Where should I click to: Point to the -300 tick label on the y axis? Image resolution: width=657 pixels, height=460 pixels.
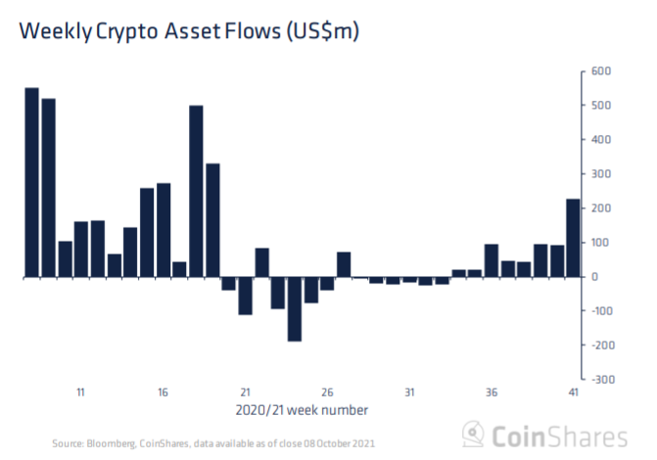point(597,379)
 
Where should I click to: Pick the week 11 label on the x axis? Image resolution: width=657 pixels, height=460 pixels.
point(81,392)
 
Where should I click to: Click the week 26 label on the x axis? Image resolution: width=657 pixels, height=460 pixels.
point(328,392)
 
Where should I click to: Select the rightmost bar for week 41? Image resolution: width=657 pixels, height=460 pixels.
point(574,239)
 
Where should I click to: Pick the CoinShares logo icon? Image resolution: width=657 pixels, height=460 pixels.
point(474,435)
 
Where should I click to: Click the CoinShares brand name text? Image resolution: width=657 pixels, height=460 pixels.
point(559,436)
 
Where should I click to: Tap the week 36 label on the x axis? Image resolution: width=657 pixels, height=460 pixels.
point(493,392)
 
